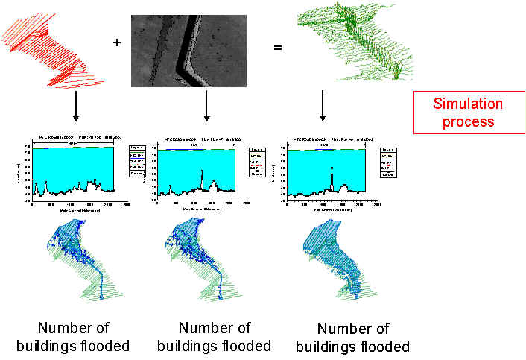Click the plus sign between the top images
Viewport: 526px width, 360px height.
click(116, 42)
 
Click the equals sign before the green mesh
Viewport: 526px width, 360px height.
click(278, 48)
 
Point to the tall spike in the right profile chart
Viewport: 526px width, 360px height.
click(332, 169)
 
